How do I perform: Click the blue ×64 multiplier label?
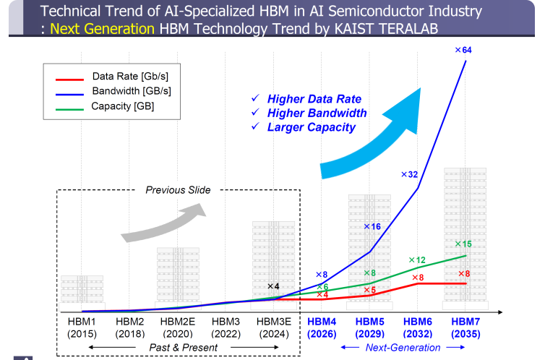(463, 50)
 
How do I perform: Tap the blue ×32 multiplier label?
(410, 174)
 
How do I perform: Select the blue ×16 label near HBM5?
(372, 227)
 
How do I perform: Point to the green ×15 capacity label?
(463, 244)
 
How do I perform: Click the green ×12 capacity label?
(416, 260)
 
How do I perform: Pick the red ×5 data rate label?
(369, 291)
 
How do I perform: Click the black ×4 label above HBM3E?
(273, 286)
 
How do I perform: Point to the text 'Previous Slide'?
(178, 190)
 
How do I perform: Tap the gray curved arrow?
(166, 220)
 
